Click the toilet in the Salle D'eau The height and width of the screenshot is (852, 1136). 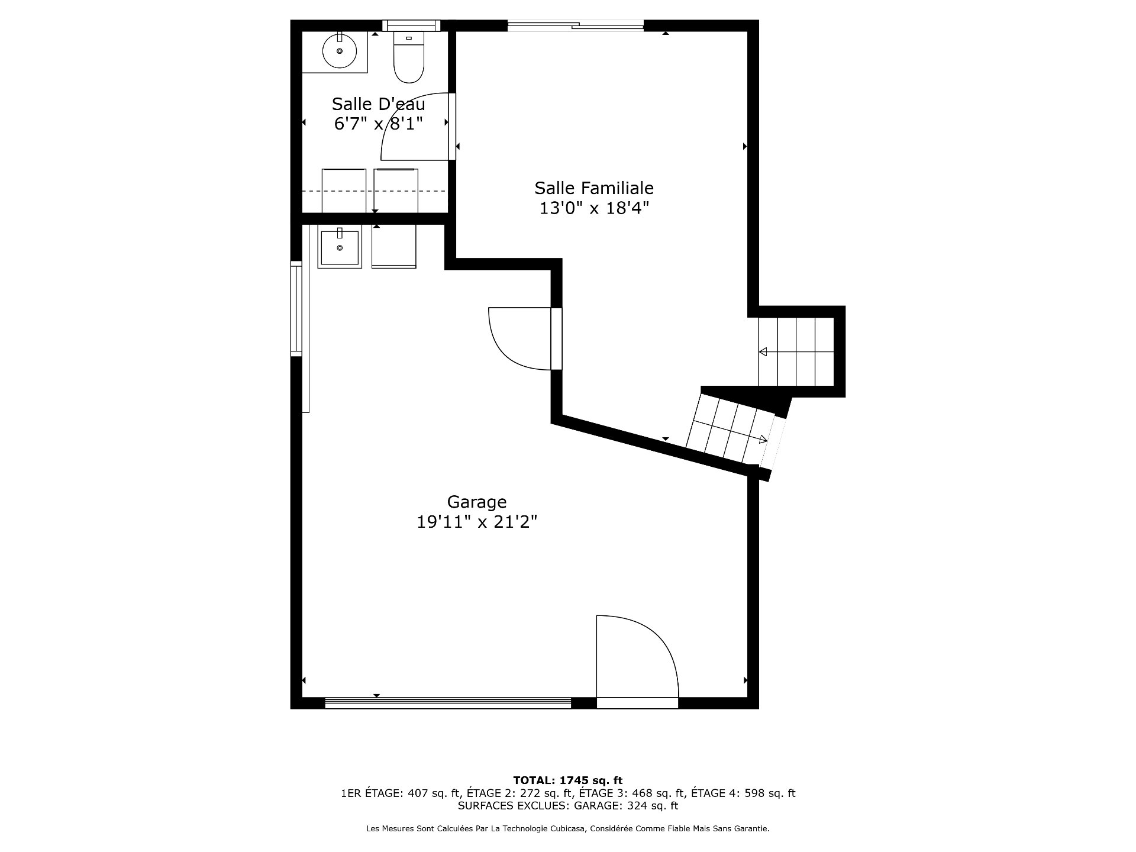[x=409, y=57]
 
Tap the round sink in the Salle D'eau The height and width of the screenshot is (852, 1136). [x=340, y=51]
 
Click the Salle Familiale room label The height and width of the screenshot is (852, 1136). [x=594, y=188]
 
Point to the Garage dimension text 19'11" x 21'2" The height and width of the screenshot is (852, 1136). [x=477, y=522]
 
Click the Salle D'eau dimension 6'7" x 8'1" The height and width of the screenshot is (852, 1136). [x=379, y=124]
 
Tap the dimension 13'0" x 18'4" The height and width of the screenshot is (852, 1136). [x=594, y=208]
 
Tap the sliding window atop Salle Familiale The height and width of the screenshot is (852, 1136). [x=576, y=25]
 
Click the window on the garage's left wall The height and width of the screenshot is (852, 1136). [x=296, y=308]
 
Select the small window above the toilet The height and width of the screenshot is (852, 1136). [x=411, y=25]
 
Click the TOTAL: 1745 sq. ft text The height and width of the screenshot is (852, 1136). [x=567, y=780]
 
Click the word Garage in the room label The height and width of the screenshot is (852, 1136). [x=477, y=502]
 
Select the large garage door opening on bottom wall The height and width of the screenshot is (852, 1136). [x=448, y=703]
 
